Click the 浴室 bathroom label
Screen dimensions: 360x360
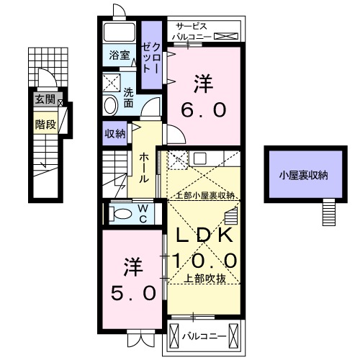coord(118,55)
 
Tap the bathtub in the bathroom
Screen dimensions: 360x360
coord(119,33)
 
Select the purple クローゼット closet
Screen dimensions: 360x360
coord(150,55)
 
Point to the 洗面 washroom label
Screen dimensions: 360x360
coord(128,97)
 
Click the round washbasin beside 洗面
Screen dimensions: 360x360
coord(110,105)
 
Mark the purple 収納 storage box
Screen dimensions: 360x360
coord(115,133)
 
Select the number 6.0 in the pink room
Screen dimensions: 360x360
coord(201,109)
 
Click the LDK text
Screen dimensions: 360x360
coord(202,235)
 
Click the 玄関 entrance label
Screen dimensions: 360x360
coord(44,100)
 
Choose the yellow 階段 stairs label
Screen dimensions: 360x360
coord(44,123)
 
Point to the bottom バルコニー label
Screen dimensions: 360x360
coord(204,336)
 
